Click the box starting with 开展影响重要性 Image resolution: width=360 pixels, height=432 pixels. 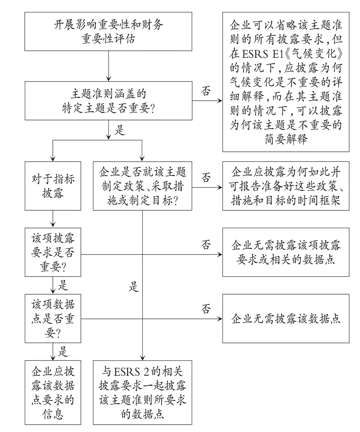tap(108, 31)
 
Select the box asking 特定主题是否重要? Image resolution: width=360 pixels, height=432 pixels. tap(108, 101)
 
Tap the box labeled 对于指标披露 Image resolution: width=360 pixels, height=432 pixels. tap(53, 186)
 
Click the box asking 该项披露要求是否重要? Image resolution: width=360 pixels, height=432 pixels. tap(53, 252)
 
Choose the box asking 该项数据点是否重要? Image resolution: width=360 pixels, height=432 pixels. tap(53, 319)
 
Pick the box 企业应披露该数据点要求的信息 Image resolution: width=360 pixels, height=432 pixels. tap(53, 393)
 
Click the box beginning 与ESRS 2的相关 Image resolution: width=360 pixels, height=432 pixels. tap(142, 393)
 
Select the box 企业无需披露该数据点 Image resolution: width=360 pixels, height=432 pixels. tap(286, 319)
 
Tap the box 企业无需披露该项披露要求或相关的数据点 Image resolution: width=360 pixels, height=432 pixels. tap(286, 252)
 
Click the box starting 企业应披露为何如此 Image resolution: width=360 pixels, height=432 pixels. tap(286, 186)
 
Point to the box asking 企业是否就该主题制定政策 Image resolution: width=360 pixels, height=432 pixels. tap(142, 186)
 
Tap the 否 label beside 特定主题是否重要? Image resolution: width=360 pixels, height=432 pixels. tap(206, 91)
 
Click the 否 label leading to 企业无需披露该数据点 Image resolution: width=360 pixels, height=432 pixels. tap(206, 309)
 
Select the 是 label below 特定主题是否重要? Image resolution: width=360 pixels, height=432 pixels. tap(120, 130)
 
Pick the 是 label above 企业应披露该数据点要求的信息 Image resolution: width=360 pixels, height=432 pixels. tap(63, 351)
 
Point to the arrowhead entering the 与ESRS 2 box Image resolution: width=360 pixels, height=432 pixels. tap(142, 358)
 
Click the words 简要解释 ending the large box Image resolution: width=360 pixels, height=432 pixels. tap(286, 139)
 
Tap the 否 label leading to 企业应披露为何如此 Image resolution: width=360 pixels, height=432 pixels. tap(206, 178)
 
